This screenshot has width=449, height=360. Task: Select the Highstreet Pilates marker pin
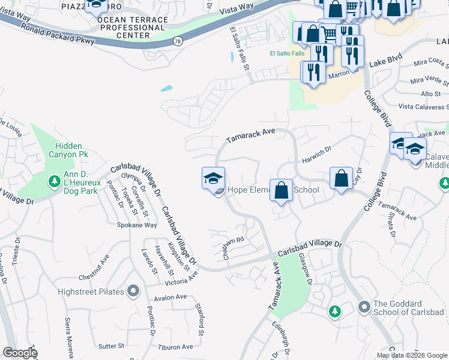[133, 292]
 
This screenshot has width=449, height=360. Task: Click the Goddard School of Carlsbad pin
[364, 307]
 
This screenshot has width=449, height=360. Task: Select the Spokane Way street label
[137, 225]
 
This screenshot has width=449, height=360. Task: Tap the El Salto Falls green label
[286, 53]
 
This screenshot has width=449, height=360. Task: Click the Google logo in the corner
[20, 353]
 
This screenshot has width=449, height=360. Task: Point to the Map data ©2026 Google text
[412, 355]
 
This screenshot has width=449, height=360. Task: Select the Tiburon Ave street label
[175, 347]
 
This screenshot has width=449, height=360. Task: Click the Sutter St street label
[111, 346]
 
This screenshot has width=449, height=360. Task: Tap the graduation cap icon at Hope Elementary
[213, 178]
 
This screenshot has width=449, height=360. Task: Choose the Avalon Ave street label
[170, 297]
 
